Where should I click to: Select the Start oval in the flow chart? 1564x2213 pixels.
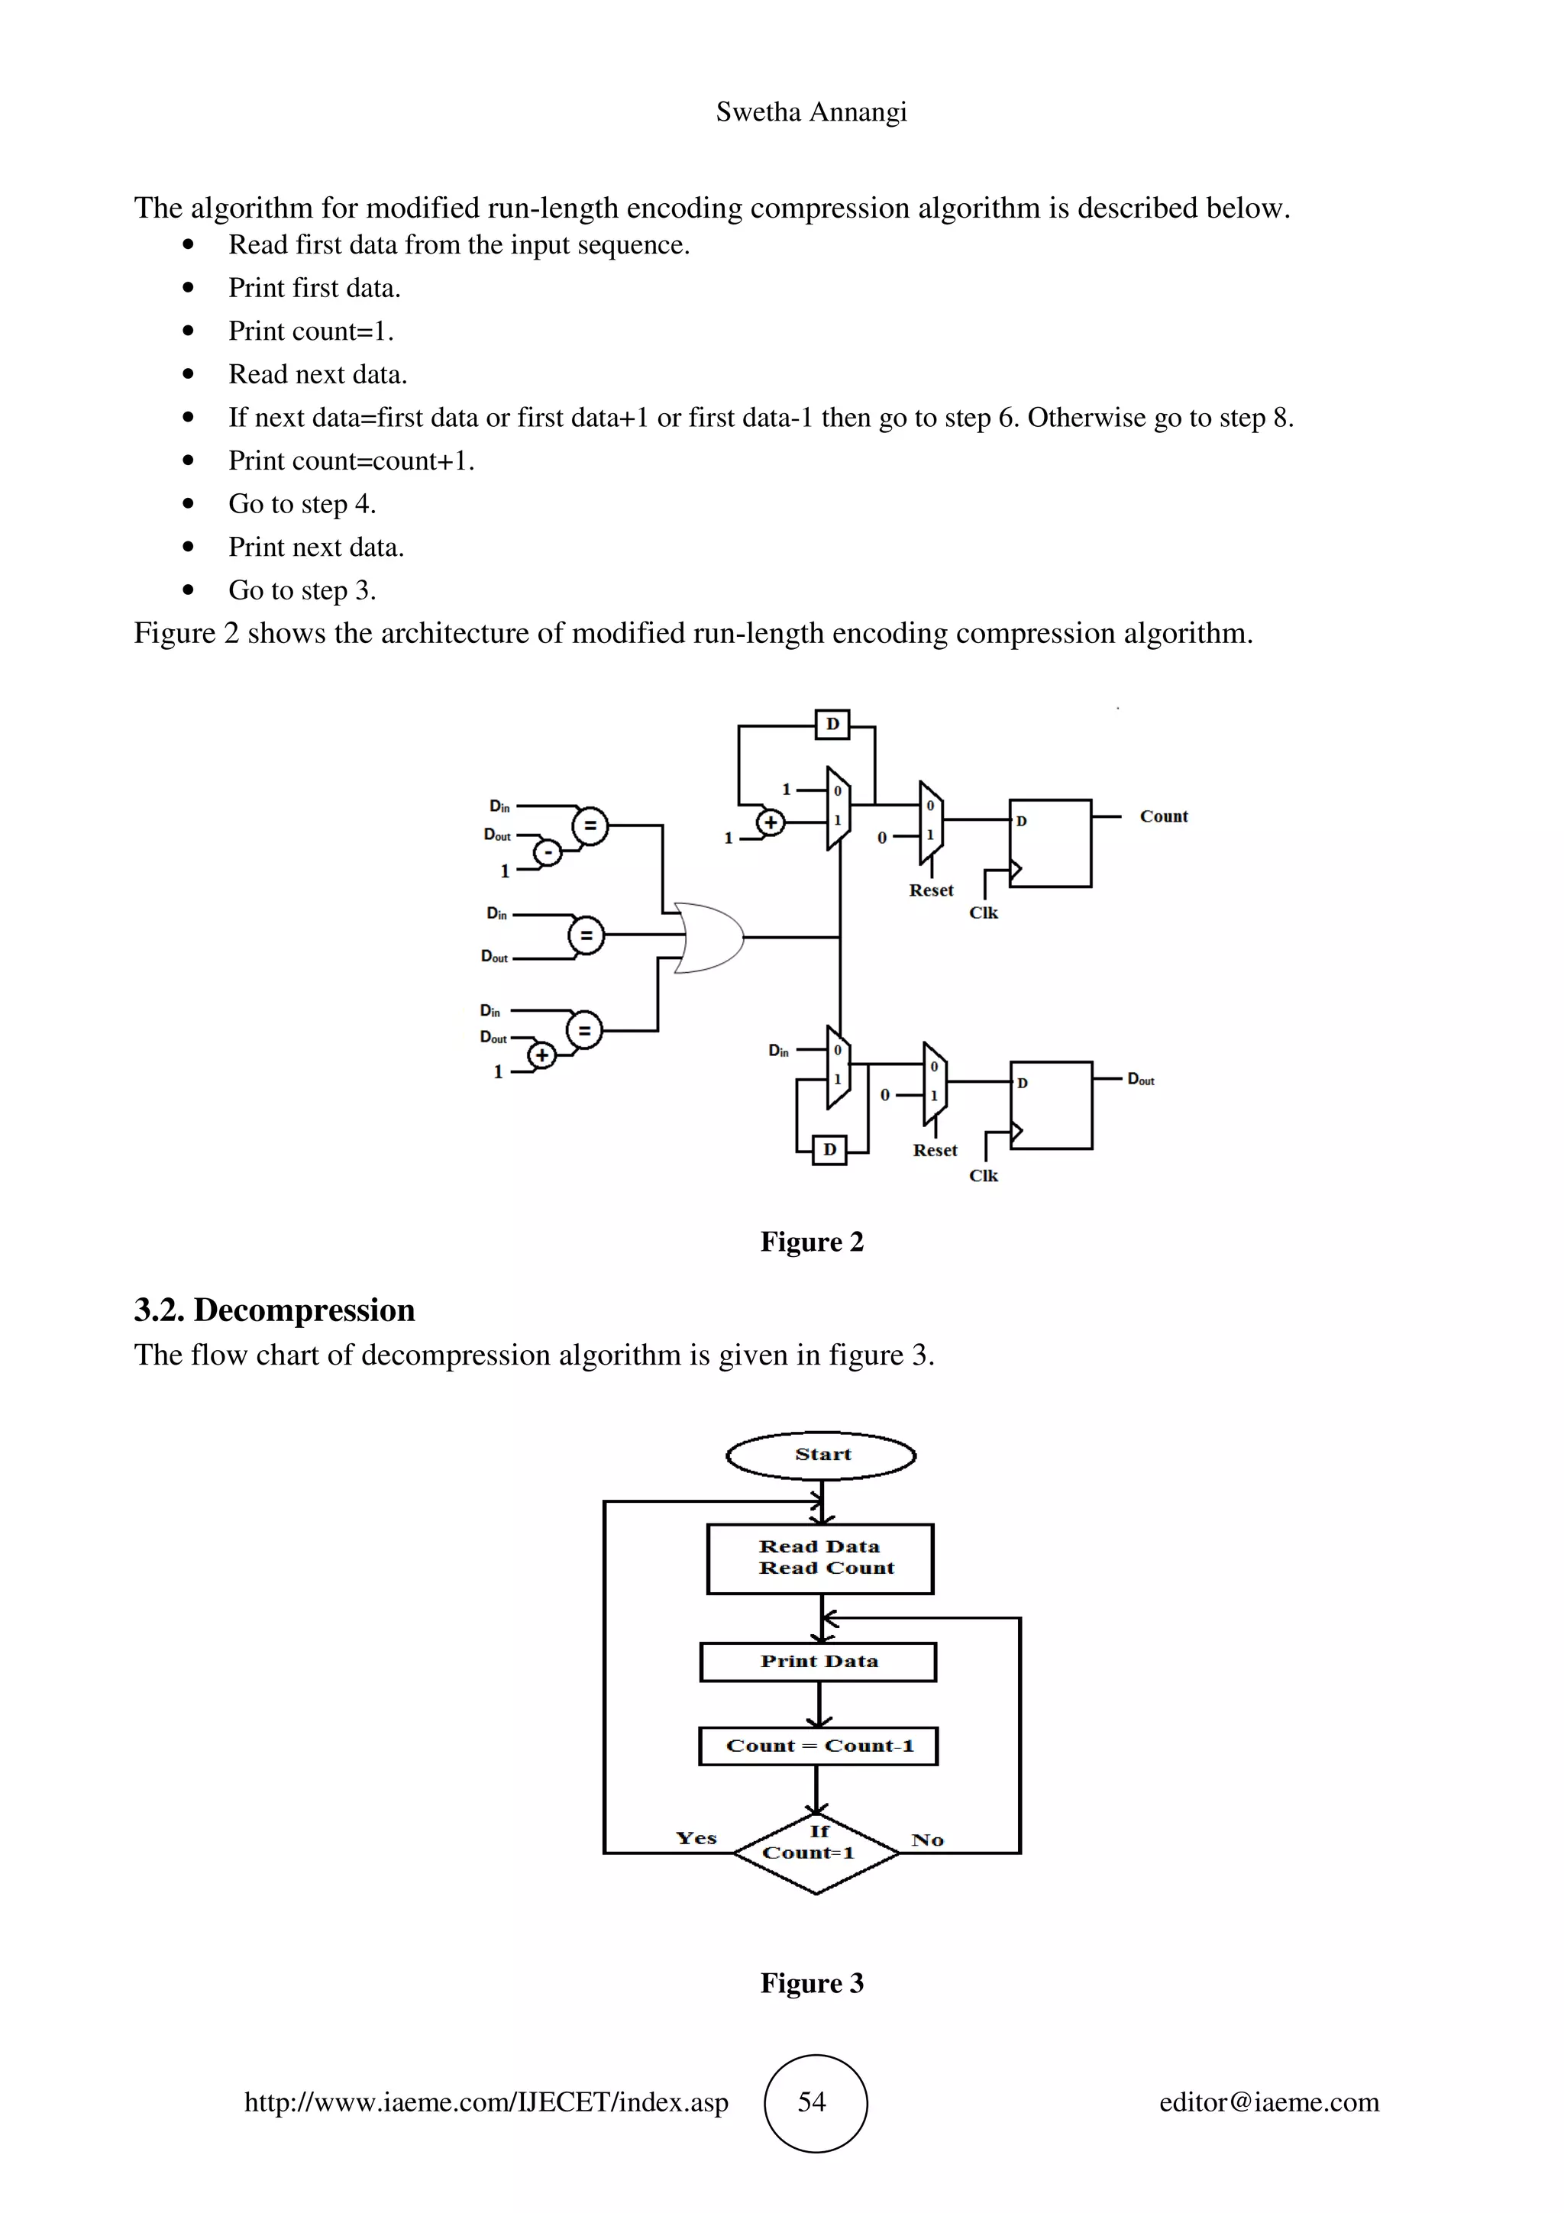(821, 1455)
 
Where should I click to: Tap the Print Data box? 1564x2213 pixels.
(818, 1662)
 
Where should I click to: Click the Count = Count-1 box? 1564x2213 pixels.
(818, 1746)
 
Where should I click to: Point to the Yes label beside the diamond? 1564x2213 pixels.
(696, 1838)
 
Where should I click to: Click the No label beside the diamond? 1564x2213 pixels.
(927, 1840)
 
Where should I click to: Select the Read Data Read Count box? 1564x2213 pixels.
(820, 1558)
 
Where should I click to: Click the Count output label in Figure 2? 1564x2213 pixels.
(1163, 816)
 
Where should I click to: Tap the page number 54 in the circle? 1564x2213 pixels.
(813, 2102)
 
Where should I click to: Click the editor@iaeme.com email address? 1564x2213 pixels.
(1268, 2102)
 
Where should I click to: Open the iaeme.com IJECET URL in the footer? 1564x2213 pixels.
(486, 2102)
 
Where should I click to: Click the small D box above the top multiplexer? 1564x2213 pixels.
(832, 724)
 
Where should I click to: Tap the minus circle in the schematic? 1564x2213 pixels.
(548, 852)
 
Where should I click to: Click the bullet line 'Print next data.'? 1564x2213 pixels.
(316, 548)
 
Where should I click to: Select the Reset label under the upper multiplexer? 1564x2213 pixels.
(931, 890)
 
